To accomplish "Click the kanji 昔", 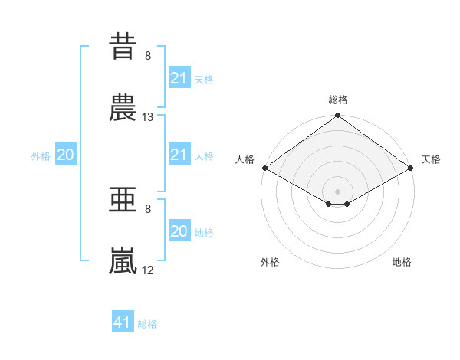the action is click(123, 46).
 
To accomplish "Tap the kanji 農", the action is click(123, 107).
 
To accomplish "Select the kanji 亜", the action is click(123, 199).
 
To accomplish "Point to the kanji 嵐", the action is click(123, 260).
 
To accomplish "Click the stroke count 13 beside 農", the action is click(147, 117).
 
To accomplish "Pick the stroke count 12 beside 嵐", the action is click(147, 270).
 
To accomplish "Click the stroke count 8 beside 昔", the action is click(148, 56).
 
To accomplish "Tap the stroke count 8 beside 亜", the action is click(148, 209).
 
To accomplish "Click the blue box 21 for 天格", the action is click(179, 77).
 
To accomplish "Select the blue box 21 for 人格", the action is click(179, 154).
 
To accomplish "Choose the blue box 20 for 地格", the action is click(179, 230).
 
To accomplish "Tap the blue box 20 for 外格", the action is click(66, 154).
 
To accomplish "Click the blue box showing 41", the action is click(123, 321).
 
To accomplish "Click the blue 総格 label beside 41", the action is click(147, 324).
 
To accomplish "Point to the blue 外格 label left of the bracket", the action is click(41, 156).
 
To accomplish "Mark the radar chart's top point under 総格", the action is click(337, 115).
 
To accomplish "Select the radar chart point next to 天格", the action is click(411, 168).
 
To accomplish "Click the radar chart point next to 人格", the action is click(265, 168).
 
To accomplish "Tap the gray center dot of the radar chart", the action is click(337, 191).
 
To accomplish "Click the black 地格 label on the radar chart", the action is click(402, 262).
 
